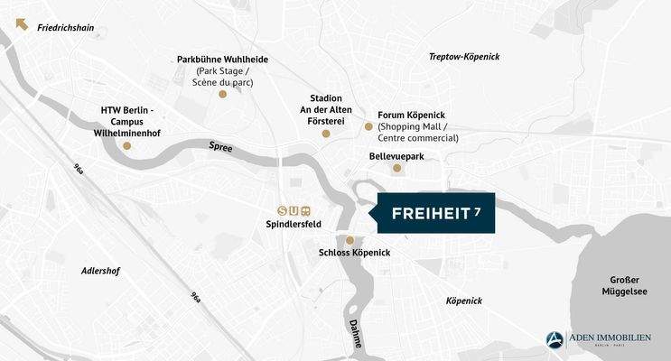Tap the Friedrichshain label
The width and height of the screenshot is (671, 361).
point(65,28)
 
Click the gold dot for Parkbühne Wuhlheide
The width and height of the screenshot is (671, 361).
point(223,93)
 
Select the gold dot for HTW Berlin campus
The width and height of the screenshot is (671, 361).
point(127,145)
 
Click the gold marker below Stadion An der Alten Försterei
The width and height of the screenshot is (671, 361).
point(326,134)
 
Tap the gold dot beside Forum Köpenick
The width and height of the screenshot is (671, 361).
point(368,126)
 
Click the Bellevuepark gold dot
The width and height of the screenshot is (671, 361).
point(396,168)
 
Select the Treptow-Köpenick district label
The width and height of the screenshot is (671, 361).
point(463,57)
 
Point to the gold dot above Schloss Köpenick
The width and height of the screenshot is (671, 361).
point(350,240)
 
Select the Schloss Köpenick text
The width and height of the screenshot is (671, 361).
point(354,253)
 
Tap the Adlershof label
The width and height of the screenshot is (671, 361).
point(100,271)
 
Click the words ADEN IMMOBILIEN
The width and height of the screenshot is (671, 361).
point(610,337)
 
